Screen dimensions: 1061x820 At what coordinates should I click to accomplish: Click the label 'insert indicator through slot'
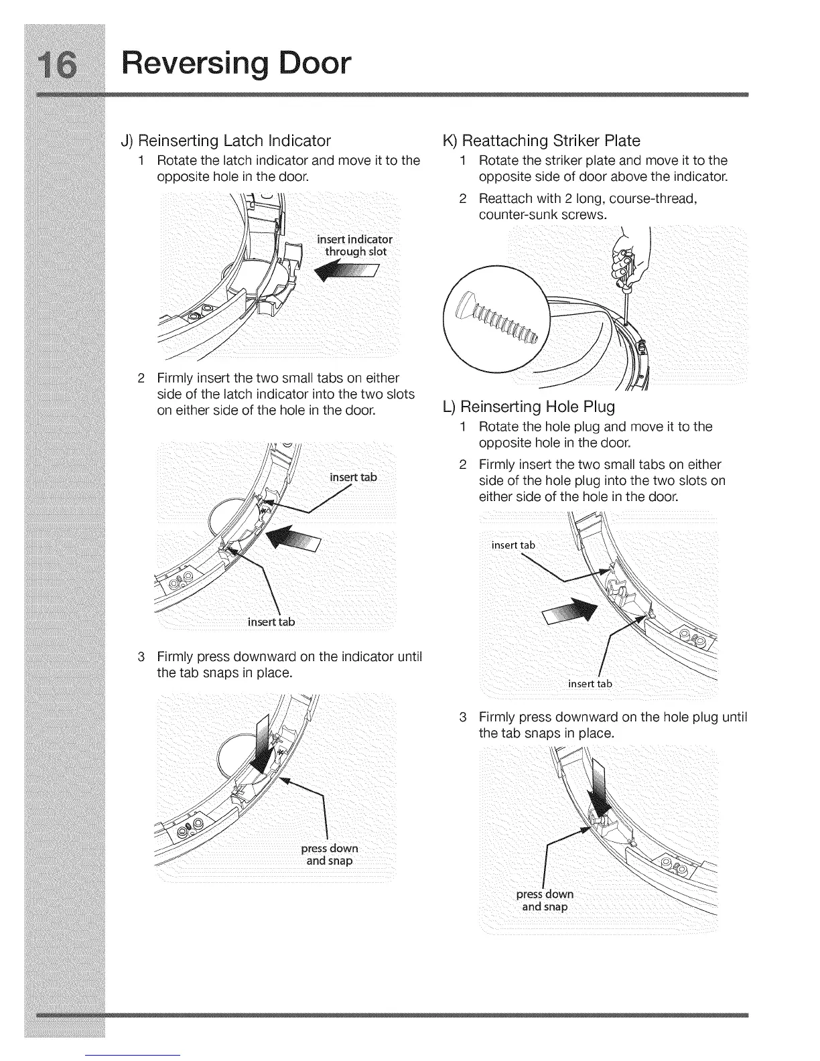[x=354, y=246]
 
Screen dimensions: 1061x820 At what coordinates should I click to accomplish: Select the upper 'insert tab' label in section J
[x=353, y=477]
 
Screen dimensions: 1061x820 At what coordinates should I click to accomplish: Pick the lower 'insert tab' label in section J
[x=271, y=622]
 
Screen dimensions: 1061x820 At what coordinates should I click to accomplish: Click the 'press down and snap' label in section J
[x=329, y=855]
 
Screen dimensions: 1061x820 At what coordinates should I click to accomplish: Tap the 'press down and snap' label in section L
[x=545, y=900]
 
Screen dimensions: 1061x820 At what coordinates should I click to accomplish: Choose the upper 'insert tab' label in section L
[x=513, y=545]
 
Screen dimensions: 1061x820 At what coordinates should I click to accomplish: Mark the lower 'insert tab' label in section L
[x=590, y=683]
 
